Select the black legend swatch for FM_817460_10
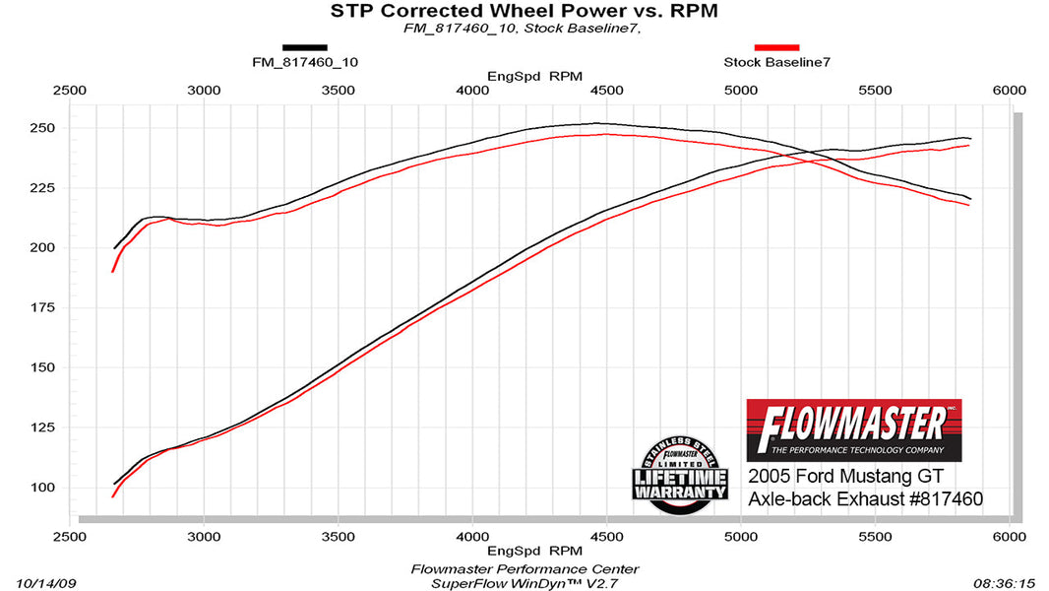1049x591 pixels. (x=304, y=47)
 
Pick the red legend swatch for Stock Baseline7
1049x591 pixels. (x=776, y=47)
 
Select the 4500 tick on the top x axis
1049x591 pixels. (x=606, y=90)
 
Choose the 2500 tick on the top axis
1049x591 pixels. (x=69, y=90)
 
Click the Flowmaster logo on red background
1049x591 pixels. (x=853, y=430)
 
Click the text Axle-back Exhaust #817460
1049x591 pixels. (x=865, y=499)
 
